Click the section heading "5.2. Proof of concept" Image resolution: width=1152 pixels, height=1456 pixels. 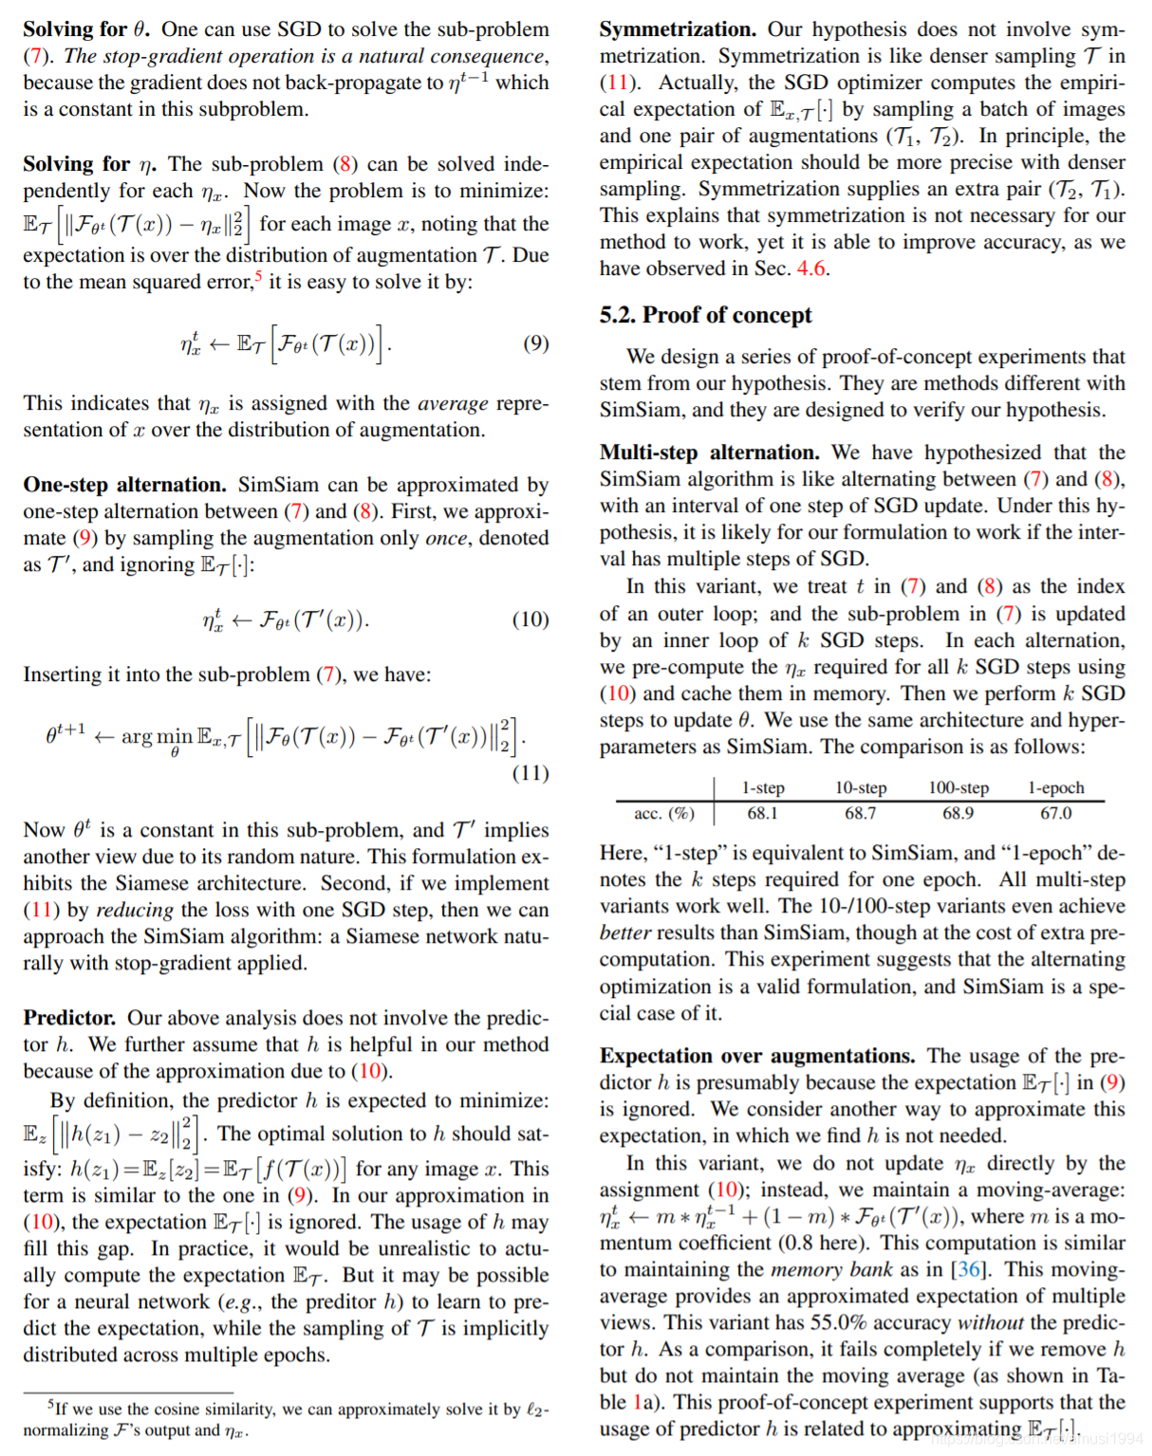pos(705,315)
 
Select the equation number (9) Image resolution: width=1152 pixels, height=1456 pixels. pos(535,342)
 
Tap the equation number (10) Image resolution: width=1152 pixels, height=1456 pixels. pos(530,619)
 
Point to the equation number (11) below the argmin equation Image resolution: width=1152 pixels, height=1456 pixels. pos(530,772)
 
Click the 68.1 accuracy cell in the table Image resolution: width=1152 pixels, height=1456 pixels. pos(762,813)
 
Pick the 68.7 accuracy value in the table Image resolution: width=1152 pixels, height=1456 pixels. pos(861,813)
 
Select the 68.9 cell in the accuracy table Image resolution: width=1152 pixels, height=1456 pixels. pos(957,813)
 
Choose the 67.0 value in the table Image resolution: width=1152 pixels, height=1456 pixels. pos(1055,813)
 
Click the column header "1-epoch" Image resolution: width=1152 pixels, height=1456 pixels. pos(1055,787)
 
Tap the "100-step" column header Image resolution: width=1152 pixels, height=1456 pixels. pos(958,787)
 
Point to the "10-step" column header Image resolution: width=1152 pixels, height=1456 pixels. pos(861,787)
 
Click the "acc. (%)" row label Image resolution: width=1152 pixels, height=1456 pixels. pos(664,813)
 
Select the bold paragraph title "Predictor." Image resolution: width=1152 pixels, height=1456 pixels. pos(69,1018)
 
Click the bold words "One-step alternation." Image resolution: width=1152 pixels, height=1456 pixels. pos(124,485)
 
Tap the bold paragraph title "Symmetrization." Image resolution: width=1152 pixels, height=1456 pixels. pos(678,29)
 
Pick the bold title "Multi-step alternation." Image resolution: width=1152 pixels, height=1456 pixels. pos(709,452)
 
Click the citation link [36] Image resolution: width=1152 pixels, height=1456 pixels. pos(968,1269)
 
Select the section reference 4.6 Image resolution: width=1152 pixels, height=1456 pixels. pos(811,268)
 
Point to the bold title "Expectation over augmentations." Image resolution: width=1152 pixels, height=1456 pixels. pos(757,1056)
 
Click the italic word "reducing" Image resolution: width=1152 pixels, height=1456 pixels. pos(135,910)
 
